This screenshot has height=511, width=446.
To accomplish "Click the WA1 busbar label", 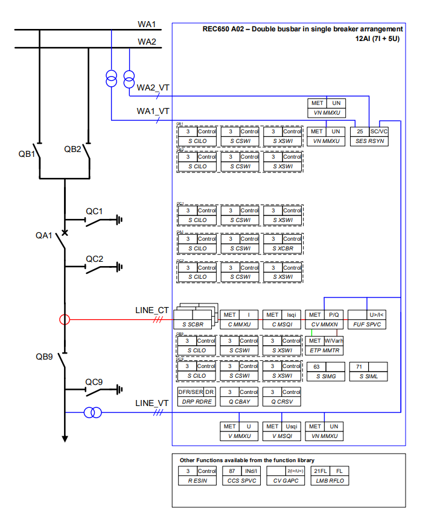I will [x=147, y=24].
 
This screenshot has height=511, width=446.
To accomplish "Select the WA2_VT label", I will [x=153, y=88].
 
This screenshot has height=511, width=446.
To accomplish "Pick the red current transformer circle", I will [x=65, y=320].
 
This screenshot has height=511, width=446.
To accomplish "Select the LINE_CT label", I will [x=151, y=310].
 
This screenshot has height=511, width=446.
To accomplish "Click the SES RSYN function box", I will [x=371, y=136].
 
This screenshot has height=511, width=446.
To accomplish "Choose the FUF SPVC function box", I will [x=368, y=320].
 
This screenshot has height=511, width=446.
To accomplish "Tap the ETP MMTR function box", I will [x=325, y=345].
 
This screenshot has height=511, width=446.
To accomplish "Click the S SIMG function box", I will [x=326, y=371].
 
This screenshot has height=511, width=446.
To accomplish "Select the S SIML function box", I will [x=368, y=371].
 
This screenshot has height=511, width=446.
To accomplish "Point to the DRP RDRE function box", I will [x=196, y=396].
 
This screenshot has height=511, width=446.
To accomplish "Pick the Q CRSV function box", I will [x=282, y=396].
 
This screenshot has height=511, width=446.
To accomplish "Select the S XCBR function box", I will [x=282, y=244].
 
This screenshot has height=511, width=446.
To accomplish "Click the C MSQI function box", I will [x=282, y=320].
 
